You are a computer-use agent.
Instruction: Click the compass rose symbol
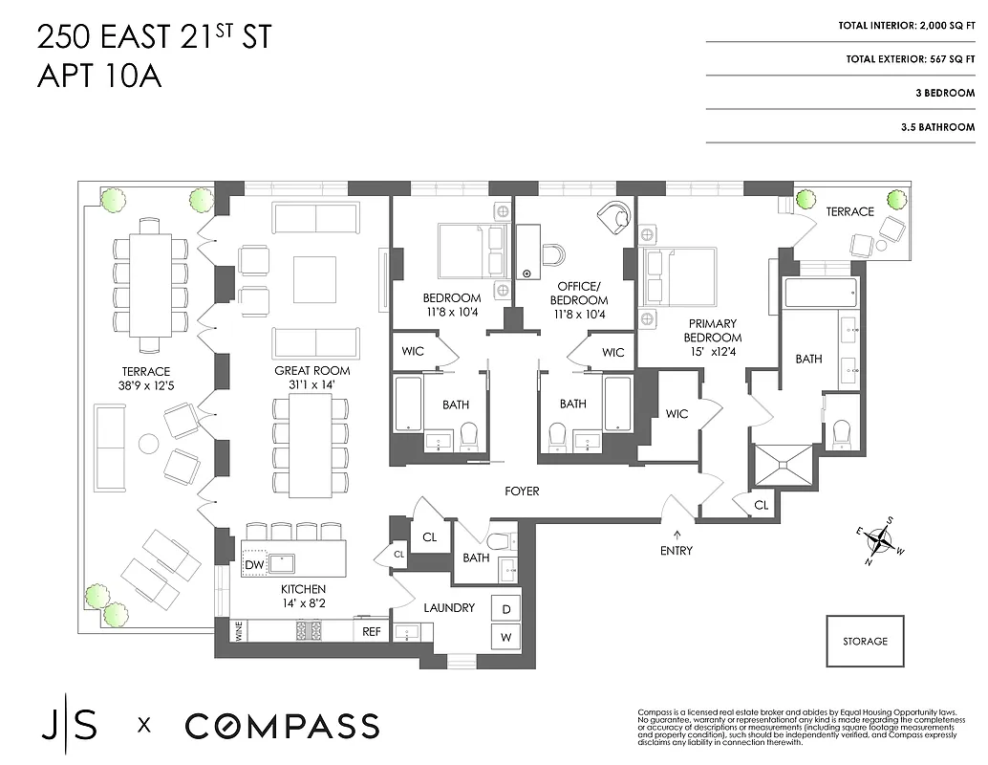point(880,541)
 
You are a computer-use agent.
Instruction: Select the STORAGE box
point(865,641)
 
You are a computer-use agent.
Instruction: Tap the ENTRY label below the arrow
point(676,551)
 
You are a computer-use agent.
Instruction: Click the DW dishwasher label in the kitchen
point(254,565)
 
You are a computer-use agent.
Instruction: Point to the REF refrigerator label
point(371,631)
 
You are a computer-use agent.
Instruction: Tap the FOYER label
point(523,492)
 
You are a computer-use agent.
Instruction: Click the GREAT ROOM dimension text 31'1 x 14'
point(311,385)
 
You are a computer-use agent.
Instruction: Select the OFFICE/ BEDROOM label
point(579,293)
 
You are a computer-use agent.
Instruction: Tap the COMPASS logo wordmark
point(282,725)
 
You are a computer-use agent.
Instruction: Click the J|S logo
point(68,725)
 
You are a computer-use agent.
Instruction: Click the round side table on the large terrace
point(149,444)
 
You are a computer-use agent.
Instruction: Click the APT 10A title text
point(99,76)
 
